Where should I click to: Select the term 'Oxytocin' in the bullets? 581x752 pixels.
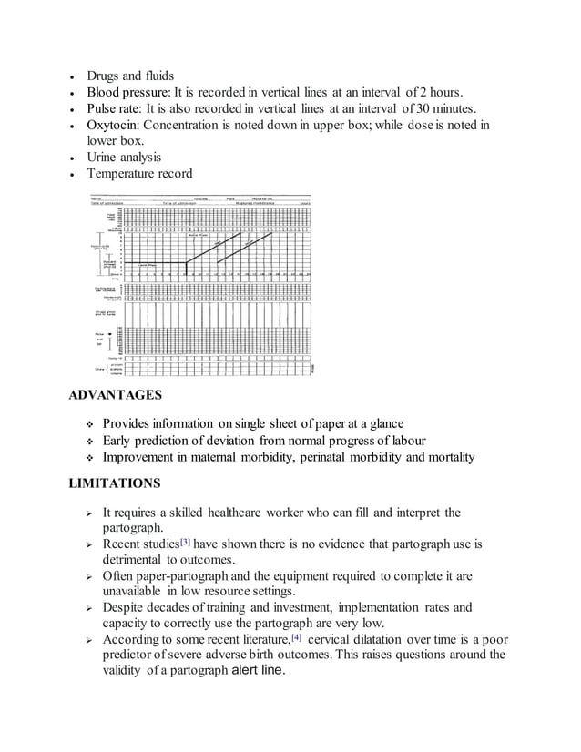[x=113, y=125]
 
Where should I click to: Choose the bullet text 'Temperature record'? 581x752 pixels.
[x=139, y=174]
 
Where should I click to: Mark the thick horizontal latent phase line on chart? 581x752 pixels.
[x=155, y=264]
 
